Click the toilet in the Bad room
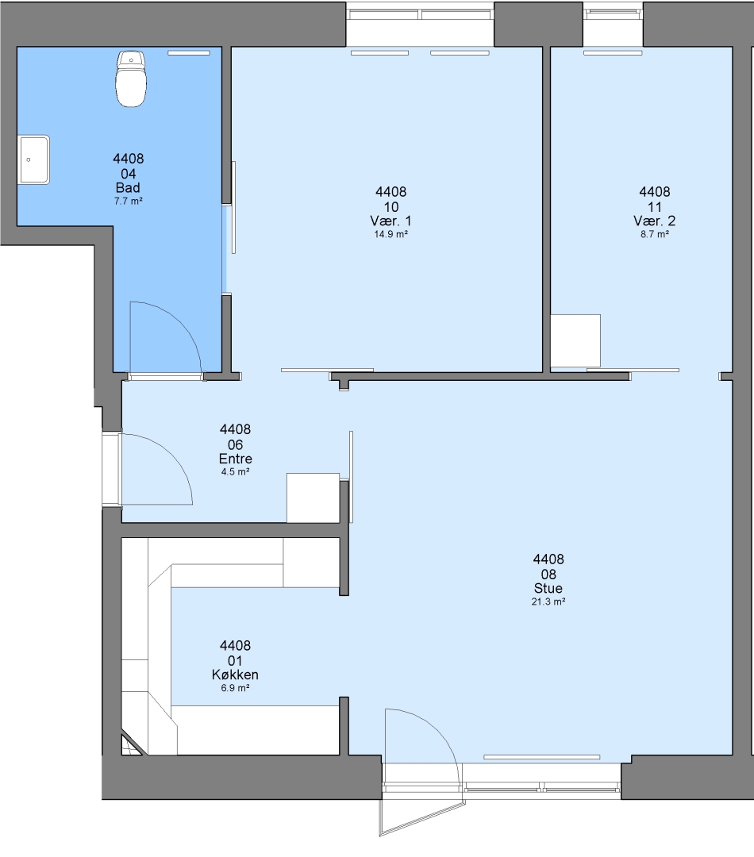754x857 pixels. pos(131,79)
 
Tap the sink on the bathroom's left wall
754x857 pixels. pos(34,159)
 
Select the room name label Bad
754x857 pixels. pos(128,187)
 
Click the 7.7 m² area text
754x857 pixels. pos(128,201)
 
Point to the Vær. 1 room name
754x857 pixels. pos(391,221)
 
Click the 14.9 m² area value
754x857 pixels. pos(391,234)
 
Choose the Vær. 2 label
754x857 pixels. pos(655,221)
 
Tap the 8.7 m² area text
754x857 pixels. pos(655,234)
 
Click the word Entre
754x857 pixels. pos(235,459)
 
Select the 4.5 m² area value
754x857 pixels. pos(235,472)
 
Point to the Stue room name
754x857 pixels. pos(548,588)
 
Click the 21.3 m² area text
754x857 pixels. pos(548,601)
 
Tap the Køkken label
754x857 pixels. pos(235,674)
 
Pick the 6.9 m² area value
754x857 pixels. pos(235,688)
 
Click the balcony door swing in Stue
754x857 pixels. pos(437,728)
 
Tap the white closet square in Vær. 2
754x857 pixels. pos(575,340)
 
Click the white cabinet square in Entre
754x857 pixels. pos(314,498)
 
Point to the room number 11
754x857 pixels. pos(655,207)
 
